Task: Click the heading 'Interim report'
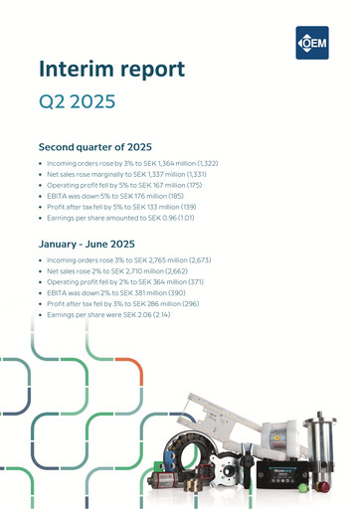point(110,70)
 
